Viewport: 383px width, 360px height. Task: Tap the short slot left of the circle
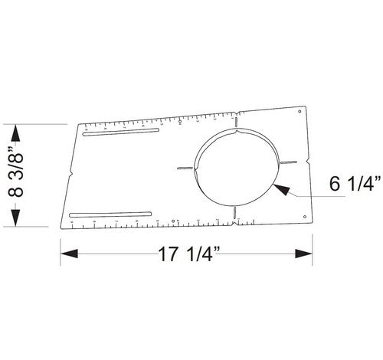184,167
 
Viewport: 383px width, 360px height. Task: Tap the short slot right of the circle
289,162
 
